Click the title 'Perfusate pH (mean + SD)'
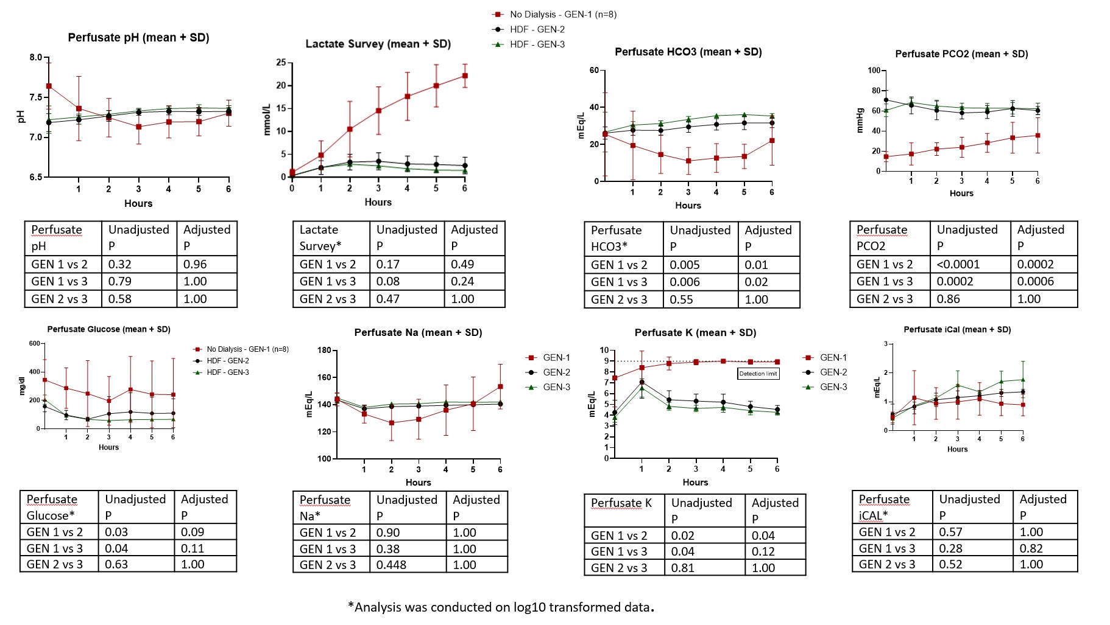138,38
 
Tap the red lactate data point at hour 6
465,76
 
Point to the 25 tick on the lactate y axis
281,62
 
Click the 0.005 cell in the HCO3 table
685,265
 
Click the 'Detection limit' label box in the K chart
758,374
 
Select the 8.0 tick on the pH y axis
36,58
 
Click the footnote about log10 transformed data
501,607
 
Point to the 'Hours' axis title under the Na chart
418,483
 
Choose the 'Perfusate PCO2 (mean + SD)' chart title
961,54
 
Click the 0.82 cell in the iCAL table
1031,548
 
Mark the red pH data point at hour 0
49,86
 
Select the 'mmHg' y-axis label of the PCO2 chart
860,120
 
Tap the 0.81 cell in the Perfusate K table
683,568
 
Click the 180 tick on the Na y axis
324,351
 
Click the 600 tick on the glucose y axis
34,344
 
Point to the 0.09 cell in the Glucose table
193,532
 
